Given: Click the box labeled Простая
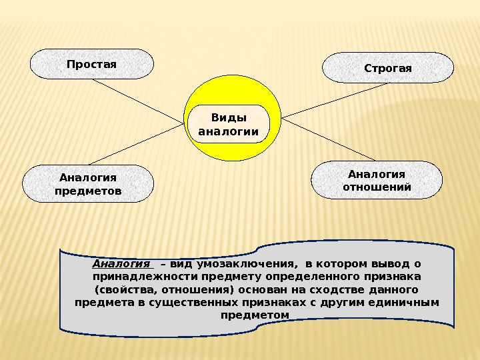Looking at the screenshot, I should pyautogui.click(x=92, y=64).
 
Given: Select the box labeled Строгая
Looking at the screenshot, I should pyautogui.click(x=388, y=68).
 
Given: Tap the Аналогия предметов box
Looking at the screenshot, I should pyautogui.click(x=88, y=184).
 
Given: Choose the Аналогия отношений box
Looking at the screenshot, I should pyautogui.click(x=377, y=180).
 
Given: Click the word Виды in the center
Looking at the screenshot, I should pyautogui.click(x=229, y=118).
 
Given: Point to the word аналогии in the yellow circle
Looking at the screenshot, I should pyautogui.click(x=229, y=131).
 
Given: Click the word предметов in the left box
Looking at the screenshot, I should pyautogui.click(x=88, y=191).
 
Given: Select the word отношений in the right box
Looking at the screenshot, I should pyautogui.click(x=377, y=187).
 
